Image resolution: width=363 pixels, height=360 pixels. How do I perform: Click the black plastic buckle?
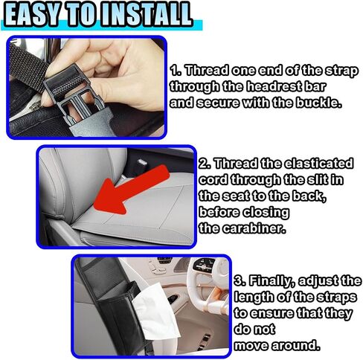point(74,94)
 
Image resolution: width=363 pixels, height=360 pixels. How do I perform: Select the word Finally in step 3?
point(272,281)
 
